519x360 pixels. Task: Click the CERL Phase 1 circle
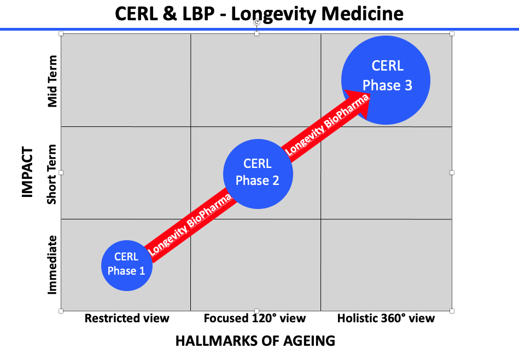pyautogui.click(x=127, y=265)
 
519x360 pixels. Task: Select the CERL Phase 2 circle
pyautogui.click(x=258, y=174)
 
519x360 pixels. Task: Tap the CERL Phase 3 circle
pyautogui.click(x=386, y=80)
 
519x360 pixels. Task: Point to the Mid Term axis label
pyautogui.click(x=53, y=82)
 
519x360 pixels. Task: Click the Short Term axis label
pyautogui.click(x=51, y=174)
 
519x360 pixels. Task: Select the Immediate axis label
pyautogui.click(x=52, y=265)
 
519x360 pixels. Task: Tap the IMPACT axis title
pyautogui.click(x=27, y=172)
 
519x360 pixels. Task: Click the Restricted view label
pyautogui.click(x=127, y=318)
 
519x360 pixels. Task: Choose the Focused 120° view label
pyautogui.click(x=254, y=318)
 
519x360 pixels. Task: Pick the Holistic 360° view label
pyautogui.click(x=386, y=318)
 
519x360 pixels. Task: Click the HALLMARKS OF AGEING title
pyautogui.click(x=255, y=341)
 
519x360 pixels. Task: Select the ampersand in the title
pyautogui.click(x=170, y=14)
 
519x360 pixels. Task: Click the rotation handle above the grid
pyautogui.click(x=256, y=22)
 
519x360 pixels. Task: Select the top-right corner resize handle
pyautogui.click(x=452, y=34)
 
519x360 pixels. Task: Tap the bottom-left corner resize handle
pyautogui.click(x=61, y=311)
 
